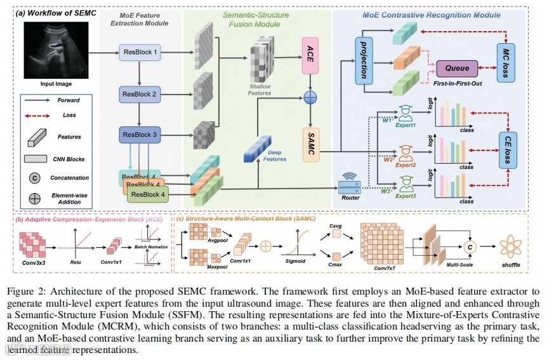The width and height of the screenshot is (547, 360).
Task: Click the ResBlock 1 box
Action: [139, 52]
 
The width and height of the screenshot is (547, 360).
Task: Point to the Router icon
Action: [350, 183]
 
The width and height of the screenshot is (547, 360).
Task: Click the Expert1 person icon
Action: [404, 112]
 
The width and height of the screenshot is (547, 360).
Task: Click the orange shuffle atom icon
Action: [511, 246]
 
